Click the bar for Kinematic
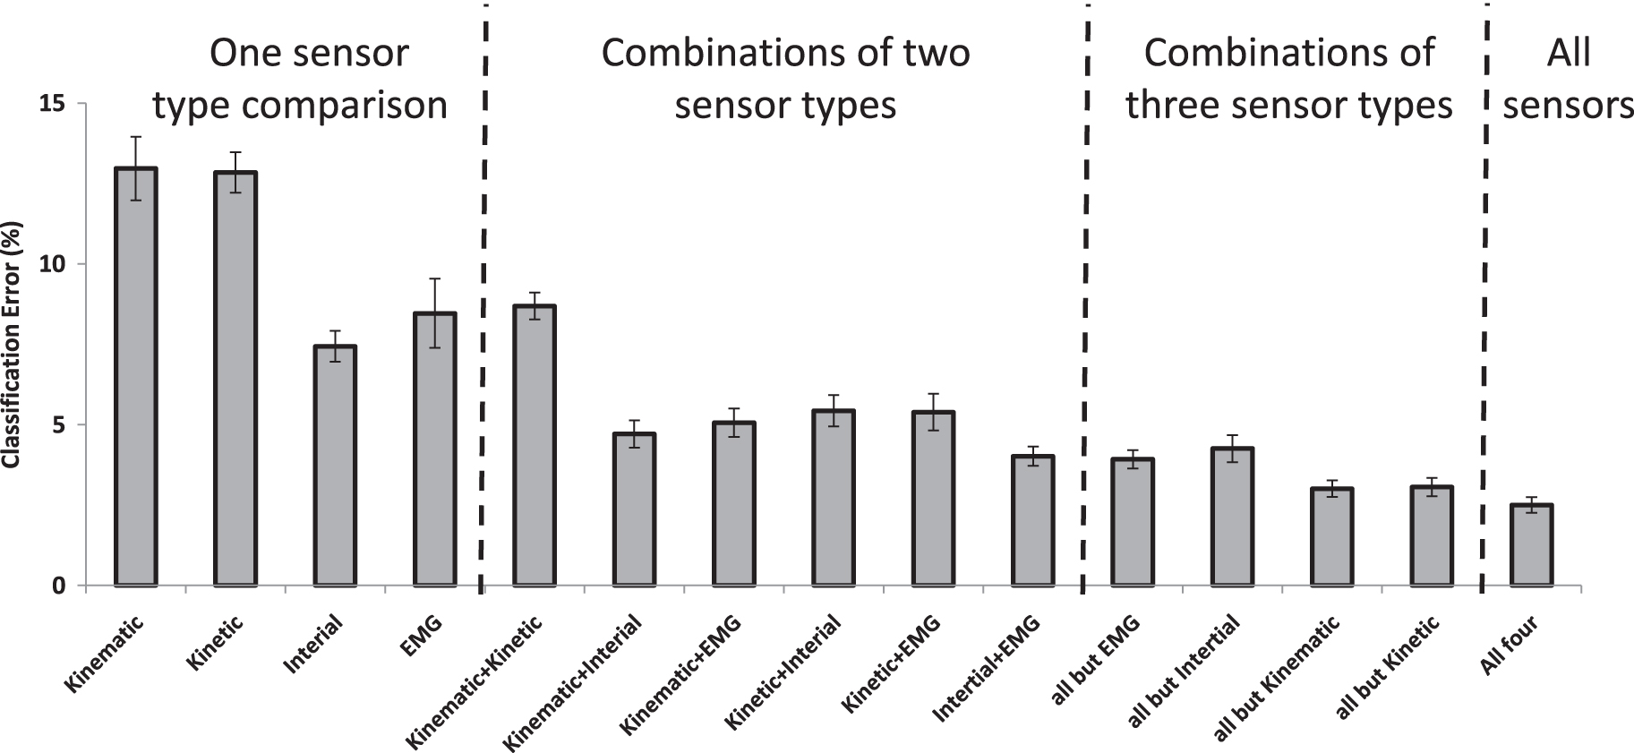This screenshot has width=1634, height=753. pyautogui.click(x=136, y=376)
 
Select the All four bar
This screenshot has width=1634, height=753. pyautogui.click(x=1531, y=545)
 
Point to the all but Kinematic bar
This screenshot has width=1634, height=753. pyautogui.click(x=1332, y=537)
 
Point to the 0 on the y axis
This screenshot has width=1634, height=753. pyautogui.click(x=58, y=586)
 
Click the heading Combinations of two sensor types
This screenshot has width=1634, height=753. pyautogui.click(x=785, y=79)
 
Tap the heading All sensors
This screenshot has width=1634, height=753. pyautogui.click(x=1567, y=79)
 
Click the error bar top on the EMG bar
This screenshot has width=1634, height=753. pyautogui.click(x=434, y=279)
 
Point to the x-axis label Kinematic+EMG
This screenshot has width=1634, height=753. pyautogui.click(x=680, y=677)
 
